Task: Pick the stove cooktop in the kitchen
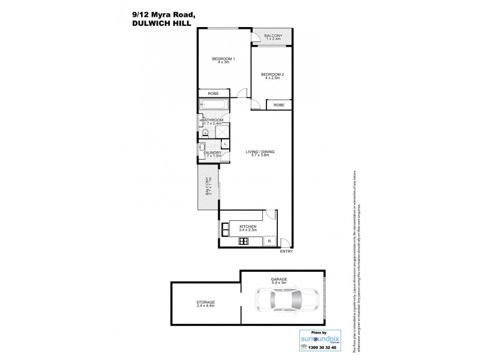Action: (x=244, y=241)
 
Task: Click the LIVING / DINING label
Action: (x=260, y=152)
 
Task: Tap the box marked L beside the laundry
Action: (x=224, y=145)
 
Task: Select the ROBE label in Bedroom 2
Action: (x=279, y=105)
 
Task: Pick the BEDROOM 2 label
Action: (x=272, y=76)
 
